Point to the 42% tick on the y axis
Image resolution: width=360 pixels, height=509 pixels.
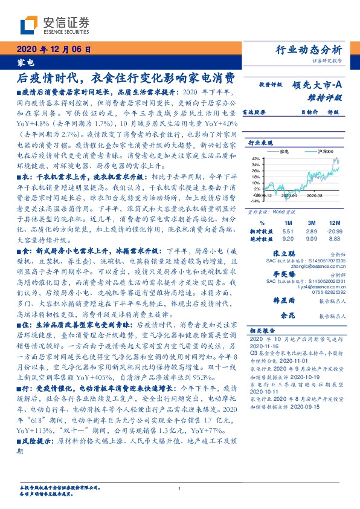256,158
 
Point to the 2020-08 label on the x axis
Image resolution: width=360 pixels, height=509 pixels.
315,196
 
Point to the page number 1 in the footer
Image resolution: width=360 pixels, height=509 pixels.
180,489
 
